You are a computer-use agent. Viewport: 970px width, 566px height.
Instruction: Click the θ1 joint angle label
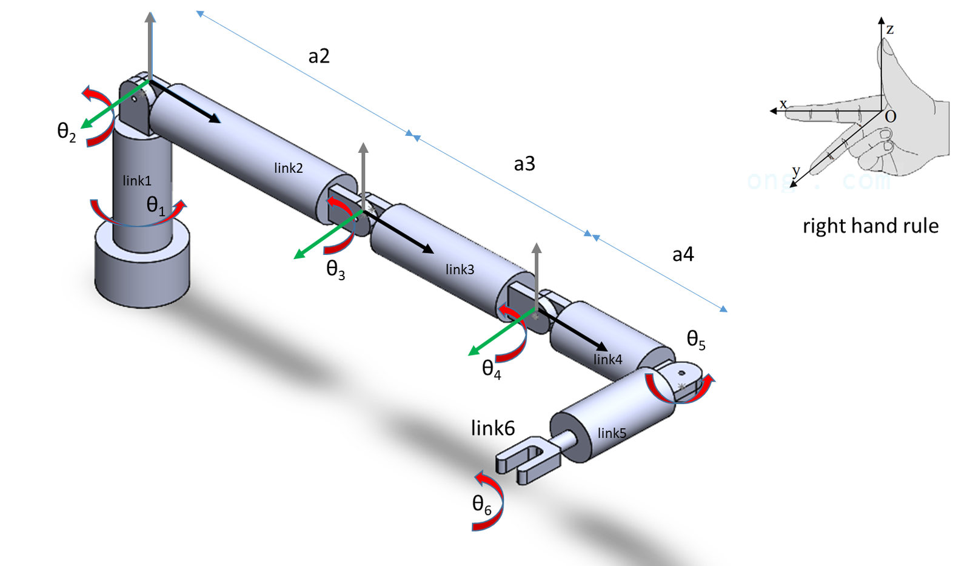coord(156,206)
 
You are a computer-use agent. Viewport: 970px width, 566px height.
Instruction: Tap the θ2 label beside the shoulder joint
coord(66,132)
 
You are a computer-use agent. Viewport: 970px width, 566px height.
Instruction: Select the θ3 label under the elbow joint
coord(335,269)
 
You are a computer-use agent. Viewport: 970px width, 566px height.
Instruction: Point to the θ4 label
coord(491,369)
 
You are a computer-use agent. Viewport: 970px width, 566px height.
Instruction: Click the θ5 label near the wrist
coord(695,340)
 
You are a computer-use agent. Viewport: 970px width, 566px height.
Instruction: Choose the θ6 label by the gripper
coord(481,505)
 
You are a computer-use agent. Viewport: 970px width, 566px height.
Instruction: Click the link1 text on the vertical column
coord(137,181)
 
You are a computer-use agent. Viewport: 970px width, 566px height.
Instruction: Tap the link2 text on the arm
coord(288,168)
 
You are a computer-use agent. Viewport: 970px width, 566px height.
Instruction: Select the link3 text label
coord(460,269)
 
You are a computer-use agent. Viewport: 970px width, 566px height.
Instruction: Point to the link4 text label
coord(607,360)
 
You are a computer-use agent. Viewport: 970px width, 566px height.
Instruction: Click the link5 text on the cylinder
coord(612,433)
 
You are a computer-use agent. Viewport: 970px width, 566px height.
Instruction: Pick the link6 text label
coord(493,428)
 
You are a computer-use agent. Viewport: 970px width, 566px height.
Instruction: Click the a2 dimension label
coord(319,56)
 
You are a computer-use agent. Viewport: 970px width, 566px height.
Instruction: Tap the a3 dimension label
coord(524,164)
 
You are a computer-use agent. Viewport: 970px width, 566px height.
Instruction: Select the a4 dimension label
coord(683,254)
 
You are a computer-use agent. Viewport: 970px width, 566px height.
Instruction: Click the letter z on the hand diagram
coord(890,29)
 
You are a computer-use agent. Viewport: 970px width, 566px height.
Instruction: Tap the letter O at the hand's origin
coord(890,116)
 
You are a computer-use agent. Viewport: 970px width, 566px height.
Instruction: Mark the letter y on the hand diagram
coord(796,171)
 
